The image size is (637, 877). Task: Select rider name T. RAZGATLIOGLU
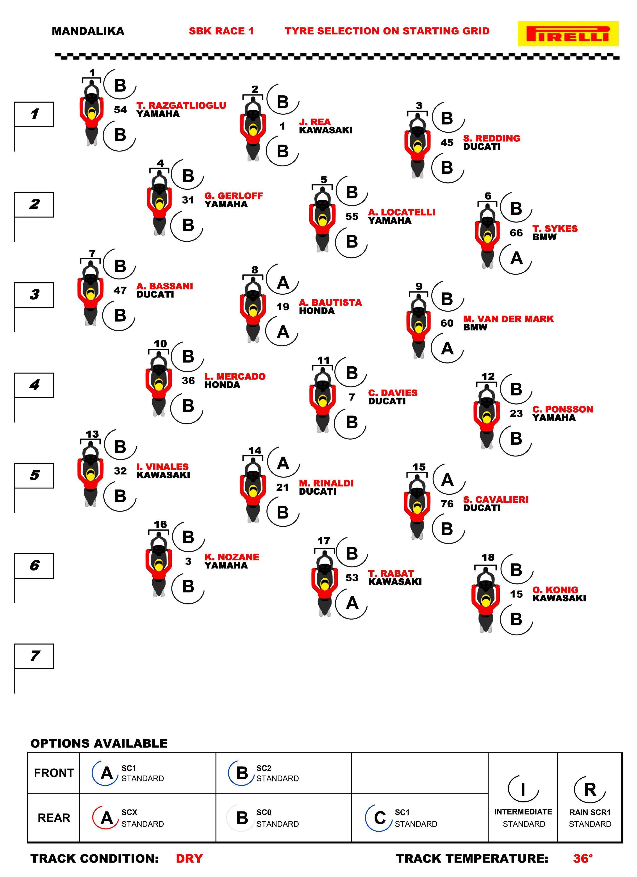(x=181, y=105)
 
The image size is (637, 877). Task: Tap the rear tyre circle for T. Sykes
(x=516, y=258)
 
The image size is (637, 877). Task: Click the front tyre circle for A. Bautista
(x=282, y=283)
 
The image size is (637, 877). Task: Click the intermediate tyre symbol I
(x=523, y=789)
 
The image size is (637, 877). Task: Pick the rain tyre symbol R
(x=590, y=789)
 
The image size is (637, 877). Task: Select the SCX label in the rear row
(x=129, y=812)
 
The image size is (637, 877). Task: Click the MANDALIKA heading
(x=88, y=31)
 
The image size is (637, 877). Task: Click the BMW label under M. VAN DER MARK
(x=475, y=327)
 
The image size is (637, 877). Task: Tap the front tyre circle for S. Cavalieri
(x=448, y=479)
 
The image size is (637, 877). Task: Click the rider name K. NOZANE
(x=232, y=557)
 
